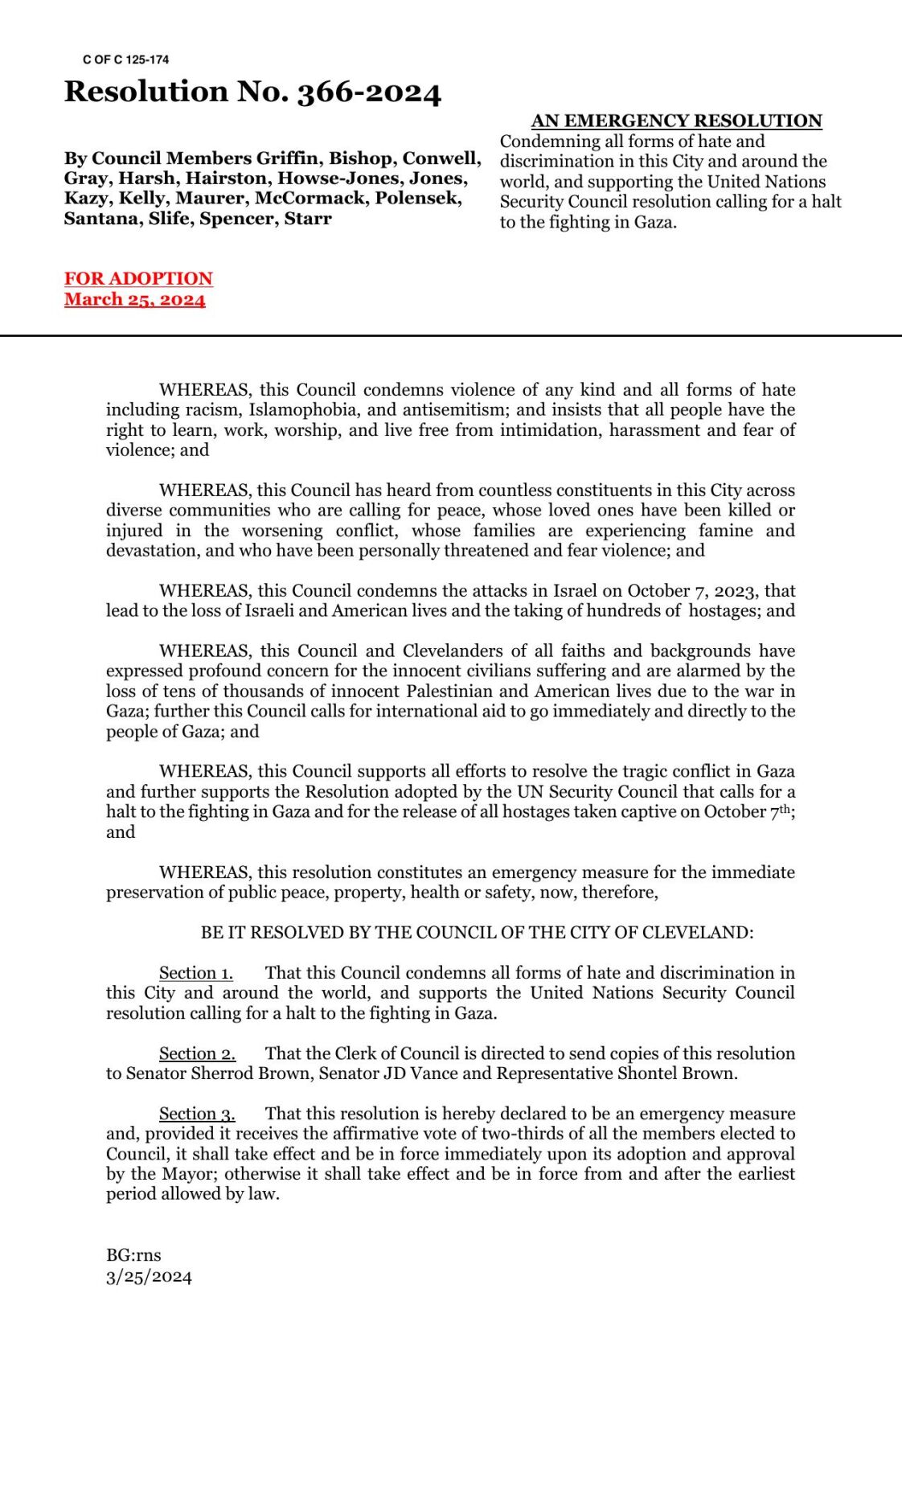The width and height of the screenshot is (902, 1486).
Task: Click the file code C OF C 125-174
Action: tap(125, 60)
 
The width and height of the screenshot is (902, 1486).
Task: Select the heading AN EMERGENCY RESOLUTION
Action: tap(676, 121)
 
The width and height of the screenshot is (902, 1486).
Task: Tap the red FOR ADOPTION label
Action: tap(138, 278)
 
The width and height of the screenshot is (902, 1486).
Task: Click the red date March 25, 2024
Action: tap(135, 299)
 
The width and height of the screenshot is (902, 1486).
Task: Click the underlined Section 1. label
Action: tap(196, 973)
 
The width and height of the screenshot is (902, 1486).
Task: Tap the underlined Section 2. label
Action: tap(197, 1053)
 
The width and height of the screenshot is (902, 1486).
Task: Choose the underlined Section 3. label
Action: tap(197, 1114)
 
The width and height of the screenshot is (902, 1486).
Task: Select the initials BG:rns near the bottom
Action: tap(133, 1255)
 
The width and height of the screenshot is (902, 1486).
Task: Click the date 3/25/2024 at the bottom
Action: tap(149, 1277)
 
